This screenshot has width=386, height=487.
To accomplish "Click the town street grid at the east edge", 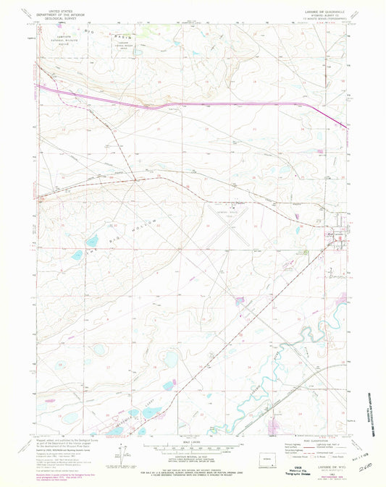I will click(x=335, y=239).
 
